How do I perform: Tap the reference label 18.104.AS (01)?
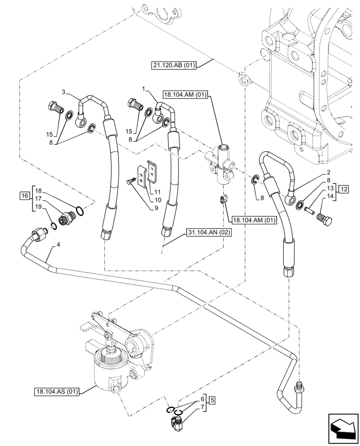click(x=56, y=392)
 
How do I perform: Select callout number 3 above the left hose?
click(x=64, y=92)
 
